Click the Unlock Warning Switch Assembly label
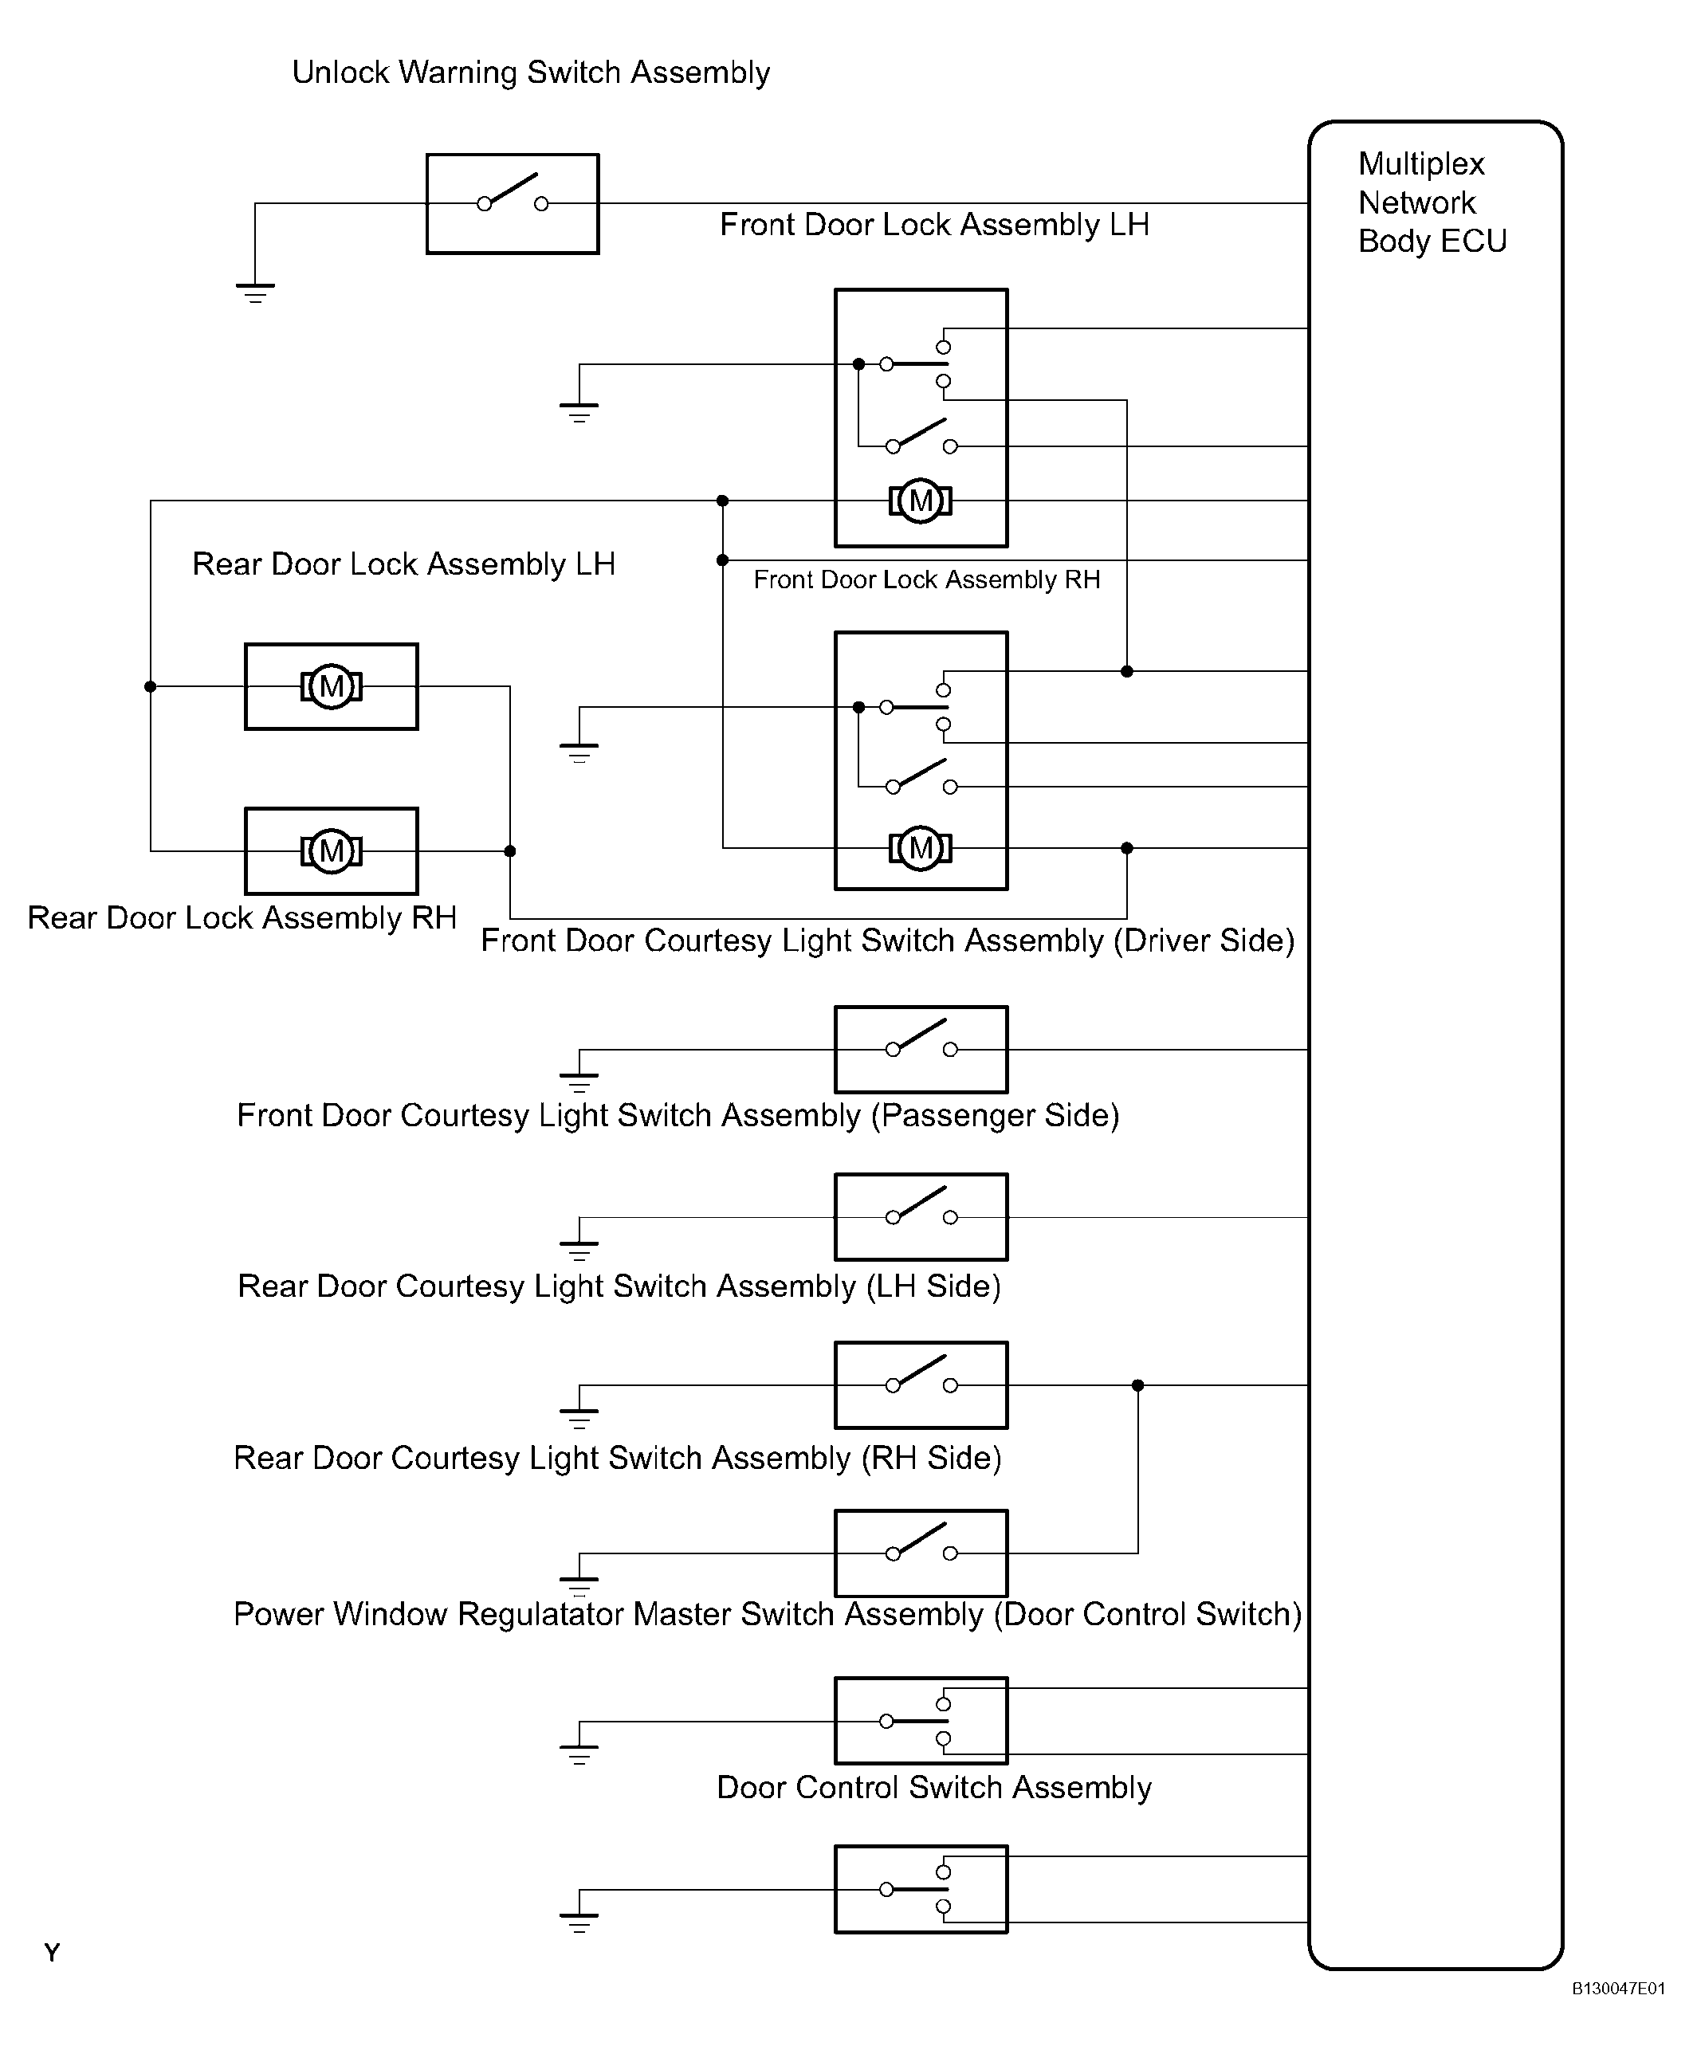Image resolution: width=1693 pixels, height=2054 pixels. click(532, 73)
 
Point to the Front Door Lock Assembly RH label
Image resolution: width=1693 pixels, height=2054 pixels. click(926, 579)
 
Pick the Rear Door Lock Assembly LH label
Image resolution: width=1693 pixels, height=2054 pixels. click(404, 564)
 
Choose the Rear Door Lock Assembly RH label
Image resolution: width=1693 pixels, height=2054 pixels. click(242, 917)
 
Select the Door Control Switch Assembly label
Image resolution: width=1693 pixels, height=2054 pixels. click(934, 1788)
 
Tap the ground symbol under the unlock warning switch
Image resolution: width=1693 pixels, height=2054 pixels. click(256, 293)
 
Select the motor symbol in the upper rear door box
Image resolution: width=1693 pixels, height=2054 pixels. click(332, 686)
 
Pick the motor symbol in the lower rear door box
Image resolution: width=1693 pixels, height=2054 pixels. click(332, 850)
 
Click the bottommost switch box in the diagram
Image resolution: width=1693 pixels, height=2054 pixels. click(921, 1889)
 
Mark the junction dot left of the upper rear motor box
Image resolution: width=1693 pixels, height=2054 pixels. click(150, 686)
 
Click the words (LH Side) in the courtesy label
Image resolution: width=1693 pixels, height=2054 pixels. click(933, 1286)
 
